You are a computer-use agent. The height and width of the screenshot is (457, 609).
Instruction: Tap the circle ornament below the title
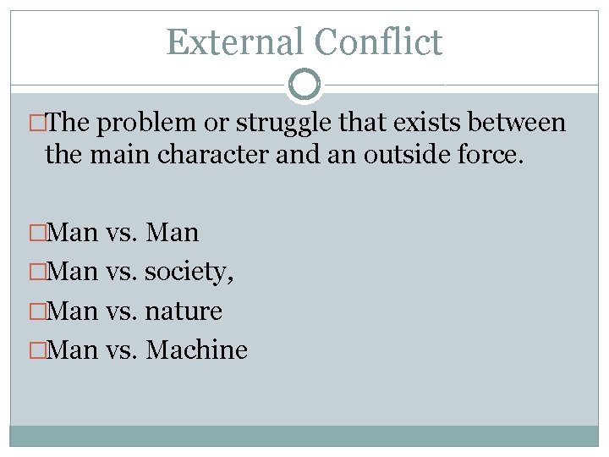click(304, 85)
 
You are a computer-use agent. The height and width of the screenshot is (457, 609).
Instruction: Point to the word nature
click(184, 311)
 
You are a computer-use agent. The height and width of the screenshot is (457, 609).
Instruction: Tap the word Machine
click(197, 350)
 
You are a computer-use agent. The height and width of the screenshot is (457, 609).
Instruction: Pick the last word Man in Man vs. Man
click(173, 233)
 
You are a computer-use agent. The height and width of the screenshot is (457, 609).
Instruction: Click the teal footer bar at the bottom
click(304, 436)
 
